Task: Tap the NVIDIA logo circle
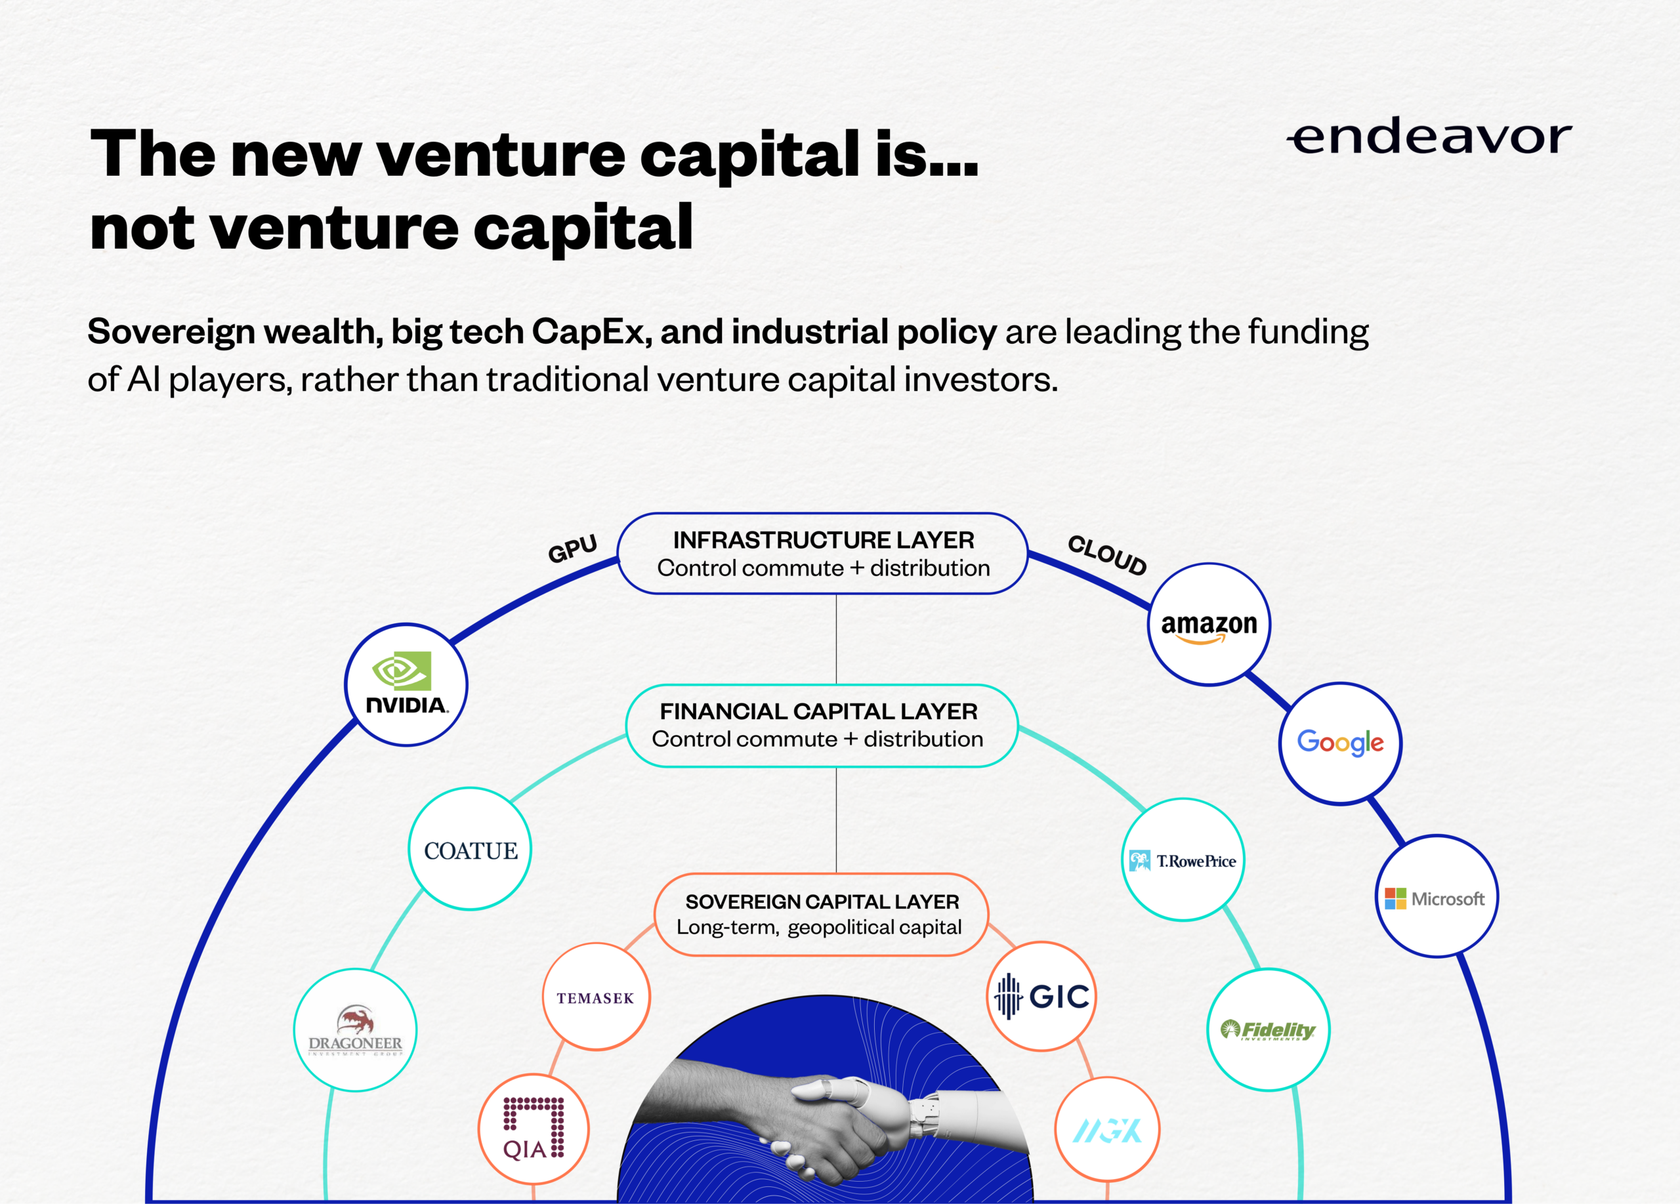point(406,684)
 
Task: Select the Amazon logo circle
point(1209,624)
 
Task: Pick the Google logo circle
point(1340,743)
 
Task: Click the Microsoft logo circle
point(1437,896)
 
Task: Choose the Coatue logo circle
point(470,848)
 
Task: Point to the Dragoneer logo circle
point(355,1030)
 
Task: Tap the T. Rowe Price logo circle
point(1183,860)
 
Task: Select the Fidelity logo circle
point(1268,1029)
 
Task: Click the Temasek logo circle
point(597,997)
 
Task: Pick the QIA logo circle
point(534,1129)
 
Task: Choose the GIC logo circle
point(1041,996)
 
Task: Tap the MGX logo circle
point(1107,1129)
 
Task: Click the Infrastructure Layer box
point(822,553)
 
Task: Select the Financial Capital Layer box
point(822,725)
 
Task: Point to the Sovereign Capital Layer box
point(822,915)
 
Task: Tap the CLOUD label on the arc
point(1106,554)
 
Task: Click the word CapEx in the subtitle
point(591,331)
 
